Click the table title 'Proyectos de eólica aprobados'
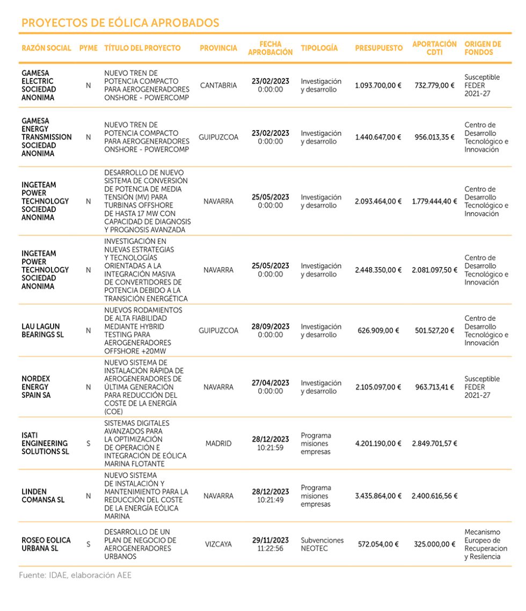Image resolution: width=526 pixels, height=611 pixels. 120,23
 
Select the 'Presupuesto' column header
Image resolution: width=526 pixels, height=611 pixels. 378,48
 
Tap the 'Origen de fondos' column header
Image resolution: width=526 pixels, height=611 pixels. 483,48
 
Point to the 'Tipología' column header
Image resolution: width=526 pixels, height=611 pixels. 319,48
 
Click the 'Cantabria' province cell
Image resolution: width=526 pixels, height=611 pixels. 218,85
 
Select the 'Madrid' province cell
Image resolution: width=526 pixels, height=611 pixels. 218,444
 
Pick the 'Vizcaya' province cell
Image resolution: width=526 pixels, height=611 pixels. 218,544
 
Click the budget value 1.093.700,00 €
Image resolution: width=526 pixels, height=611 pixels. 378,85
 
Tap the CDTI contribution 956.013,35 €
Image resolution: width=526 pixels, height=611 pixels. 434,137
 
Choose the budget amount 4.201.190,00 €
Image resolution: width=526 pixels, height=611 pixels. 378,444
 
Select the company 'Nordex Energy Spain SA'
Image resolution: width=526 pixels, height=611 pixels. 35,387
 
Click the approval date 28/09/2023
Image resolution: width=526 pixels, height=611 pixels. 270,327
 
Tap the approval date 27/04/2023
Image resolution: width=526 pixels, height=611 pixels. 270,383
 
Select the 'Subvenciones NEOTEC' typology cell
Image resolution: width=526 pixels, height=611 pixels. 322,544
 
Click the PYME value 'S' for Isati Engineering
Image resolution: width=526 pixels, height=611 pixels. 89,444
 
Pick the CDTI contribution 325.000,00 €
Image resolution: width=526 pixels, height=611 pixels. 434,544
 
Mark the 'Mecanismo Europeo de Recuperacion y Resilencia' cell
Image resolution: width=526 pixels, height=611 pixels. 486,544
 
